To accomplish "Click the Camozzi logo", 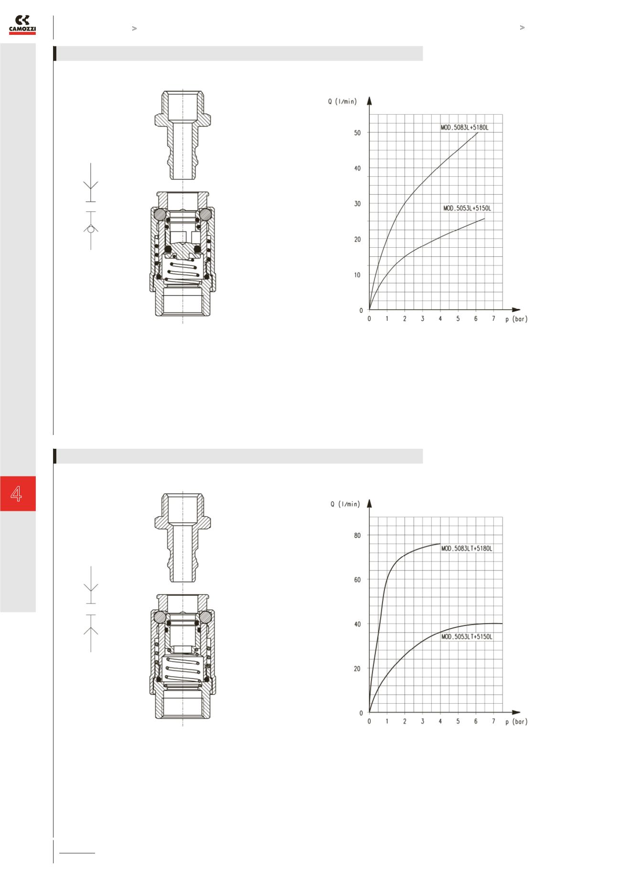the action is coord(22,25).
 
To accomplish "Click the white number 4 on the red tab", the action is coord(17,494).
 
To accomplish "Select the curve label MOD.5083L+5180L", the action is coord(465,128).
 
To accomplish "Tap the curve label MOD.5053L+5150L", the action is coord(467,208).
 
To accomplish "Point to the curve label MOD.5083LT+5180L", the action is coord(466,549).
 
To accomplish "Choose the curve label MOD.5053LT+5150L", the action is coord(466,636).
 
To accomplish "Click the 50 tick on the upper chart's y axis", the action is coord(357,133).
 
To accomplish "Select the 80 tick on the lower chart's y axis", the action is coord(357,536).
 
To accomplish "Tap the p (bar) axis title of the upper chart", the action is coord(516,319).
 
